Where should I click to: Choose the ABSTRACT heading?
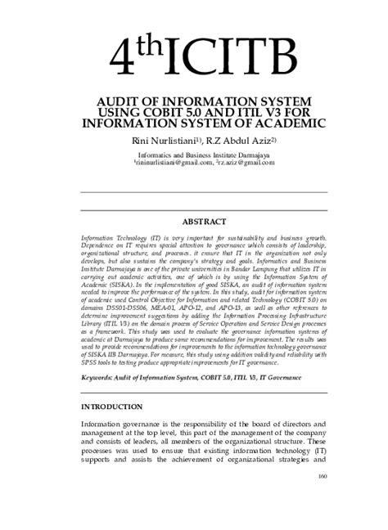point(204,221)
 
